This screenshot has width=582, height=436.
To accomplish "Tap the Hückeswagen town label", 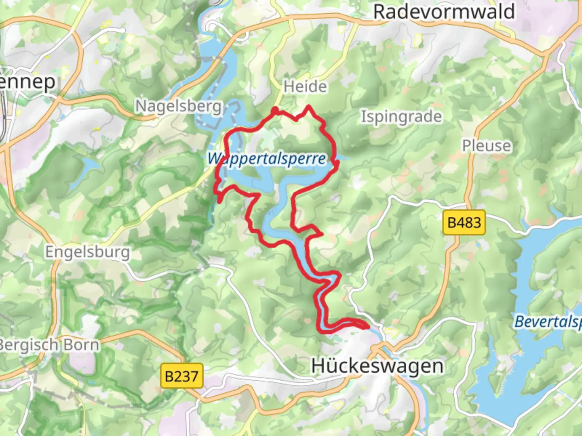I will (x=377, y=366).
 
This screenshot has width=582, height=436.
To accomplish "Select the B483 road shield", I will (x=464, y=222).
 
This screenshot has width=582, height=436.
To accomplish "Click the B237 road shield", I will (x=181, y=376).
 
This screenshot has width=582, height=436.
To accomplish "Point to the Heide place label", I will (x=305, y=86).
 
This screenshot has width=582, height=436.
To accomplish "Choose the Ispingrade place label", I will (x=401, y=117).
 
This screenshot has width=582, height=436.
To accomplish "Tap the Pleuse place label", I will (x=487, y=145).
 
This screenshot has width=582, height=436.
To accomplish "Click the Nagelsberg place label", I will (x=179, y=107).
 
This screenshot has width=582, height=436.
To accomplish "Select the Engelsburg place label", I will (x=87, y=252).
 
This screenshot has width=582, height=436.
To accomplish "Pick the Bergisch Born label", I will (x=48, y=345).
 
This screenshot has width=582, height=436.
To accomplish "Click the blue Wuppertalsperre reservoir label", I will (x=266, y=159).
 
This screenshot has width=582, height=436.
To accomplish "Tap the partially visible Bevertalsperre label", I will (x=548, y=322).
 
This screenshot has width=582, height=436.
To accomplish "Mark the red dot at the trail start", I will (x=274, y=110).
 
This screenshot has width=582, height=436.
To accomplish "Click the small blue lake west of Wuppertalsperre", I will (x=90, y=165).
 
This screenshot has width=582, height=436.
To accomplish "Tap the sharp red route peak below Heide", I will (x=309, y=107).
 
